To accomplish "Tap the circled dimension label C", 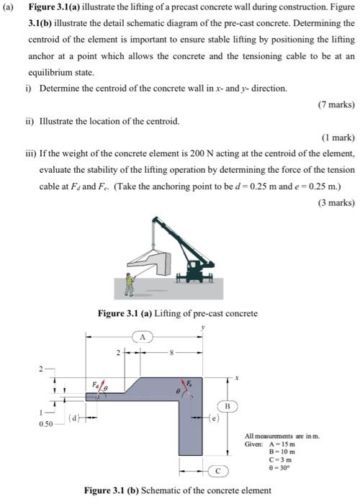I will click(215, 472).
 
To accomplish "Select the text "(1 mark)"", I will click(337, 137).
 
